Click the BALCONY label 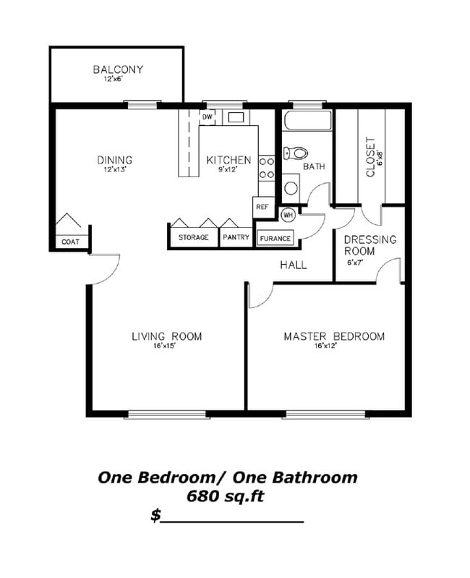[117, 69]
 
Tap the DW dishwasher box [208, 116]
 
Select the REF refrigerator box [262, 207]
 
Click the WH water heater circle [287, 215]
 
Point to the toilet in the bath [296, 153]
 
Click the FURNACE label [275, 238]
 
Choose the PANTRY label [236, 237]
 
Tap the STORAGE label [193, 237]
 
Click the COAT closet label [70, 242]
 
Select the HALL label [294, 265]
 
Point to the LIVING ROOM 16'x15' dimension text [166, 346]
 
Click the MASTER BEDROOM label [333, 336]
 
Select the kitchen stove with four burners [266, 168]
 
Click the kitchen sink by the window [236, 116]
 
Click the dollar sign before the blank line [155, 515]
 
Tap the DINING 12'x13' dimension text [115, 169]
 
